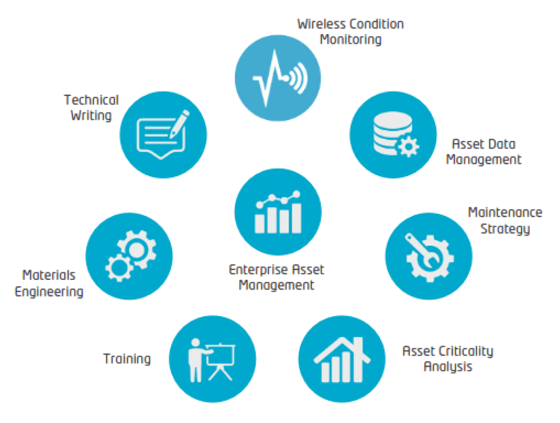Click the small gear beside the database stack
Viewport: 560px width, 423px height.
click(409, 146)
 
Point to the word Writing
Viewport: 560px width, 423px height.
click(91, 116)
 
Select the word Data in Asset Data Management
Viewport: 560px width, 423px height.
click(501, 144)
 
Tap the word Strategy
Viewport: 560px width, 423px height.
click(505, 229)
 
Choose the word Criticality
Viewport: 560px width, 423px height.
click(465, 351)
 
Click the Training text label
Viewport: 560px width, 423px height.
click(127, 359)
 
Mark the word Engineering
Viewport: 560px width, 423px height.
click(49, 292)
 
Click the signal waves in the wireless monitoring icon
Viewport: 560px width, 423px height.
click(299, 79)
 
